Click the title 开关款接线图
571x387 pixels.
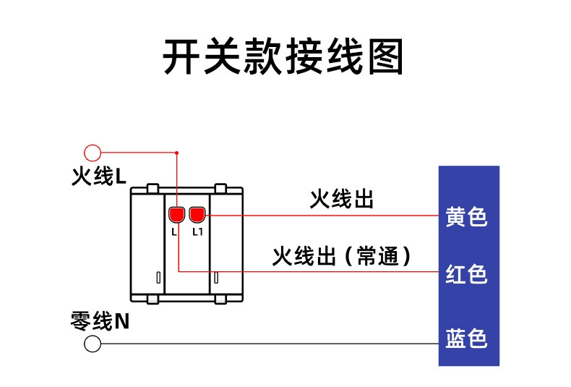tap(283, 56)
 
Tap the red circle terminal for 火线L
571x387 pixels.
tap(93, 153)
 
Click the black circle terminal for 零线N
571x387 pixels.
tap(93, 344)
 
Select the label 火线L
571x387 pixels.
tap(99, 177)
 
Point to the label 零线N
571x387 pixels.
tap(100, 320)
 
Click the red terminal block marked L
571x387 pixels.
tap(176, 214)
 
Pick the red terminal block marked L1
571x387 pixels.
tap(197, 214)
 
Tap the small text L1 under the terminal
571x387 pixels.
tap(197, 231)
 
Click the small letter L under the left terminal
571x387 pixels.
tap(174, 231)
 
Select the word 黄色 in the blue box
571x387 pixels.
tap(466, 216)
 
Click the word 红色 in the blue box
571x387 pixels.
tap(466, 273)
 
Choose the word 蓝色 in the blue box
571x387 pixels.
tap(466, 338)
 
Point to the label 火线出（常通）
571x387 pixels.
tap(342, 255)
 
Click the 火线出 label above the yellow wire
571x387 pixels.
tap(342, 199)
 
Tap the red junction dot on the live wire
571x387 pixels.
tap(176, 153)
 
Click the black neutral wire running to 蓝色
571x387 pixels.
tap(270, 344)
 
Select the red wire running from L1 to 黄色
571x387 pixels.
tap(322, 216)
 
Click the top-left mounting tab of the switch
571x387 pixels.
tap(153, 188)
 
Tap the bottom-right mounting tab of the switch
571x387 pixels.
tap(220, 299)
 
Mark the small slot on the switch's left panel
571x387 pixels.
tap(158, 278)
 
